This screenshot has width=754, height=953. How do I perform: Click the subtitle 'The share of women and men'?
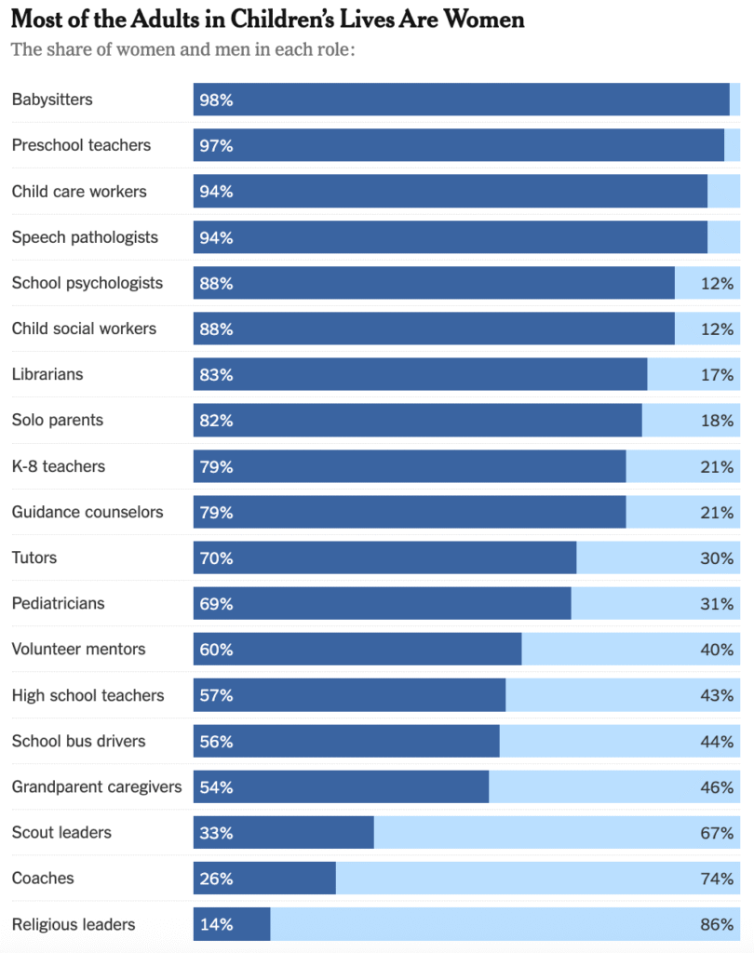coord(183,49)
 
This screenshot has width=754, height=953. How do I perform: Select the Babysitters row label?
coord(52,100)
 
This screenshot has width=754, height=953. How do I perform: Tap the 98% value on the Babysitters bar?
coord(216,100)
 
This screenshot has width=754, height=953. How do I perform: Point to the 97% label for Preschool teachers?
coord(216,145)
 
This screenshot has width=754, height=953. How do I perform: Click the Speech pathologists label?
coord(85,237)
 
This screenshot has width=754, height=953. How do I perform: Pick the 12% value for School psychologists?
coord(718,283)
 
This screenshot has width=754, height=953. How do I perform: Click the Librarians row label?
coord(47,374)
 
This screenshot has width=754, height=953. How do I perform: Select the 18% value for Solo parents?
coord(718,420)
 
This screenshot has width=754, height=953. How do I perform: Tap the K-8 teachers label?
coord(59,466)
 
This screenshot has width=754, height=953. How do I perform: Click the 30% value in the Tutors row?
coord(718,557)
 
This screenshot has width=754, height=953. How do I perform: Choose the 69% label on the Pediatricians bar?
coord(216,603)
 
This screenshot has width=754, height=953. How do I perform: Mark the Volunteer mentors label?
coord(79,649)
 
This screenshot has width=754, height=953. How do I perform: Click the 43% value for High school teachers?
coord(718,695)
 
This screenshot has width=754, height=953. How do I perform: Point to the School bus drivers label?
coord(79,741)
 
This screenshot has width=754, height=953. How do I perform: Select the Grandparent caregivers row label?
coord(97,786)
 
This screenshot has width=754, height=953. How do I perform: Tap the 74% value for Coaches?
coord(718,878)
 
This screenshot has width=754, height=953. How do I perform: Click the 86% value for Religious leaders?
coord(718,924)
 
